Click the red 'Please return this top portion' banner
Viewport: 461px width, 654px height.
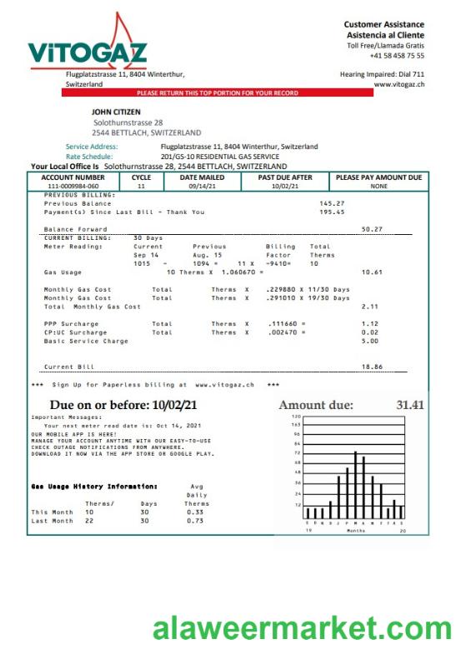click(217, 93)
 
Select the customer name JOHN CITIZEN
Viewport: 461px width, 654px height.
click(116, 112)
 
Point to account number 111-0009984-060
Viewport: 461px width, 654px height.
click(73, 187)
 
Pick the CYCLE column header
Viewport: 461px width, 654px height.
click(141, 177)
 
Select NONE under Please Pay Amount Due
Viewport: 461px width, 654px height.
click(378, 187)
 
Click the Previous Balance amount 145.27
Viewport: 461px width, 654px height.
click(332, 203)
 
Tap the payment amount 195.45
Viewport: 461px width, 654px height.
click(332, 212)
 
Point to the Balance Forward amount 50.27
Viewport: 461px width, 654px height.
click(372, 228)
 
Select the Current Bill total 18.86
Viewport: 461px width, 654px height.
click(372, 366)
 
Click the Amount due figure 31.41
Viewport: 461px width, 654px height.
click(410, 405)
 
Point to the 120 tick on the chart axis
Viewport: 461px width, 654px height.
click(295, 416)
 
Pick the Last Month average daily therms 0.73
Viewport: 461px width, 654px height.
click(197, 521)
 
